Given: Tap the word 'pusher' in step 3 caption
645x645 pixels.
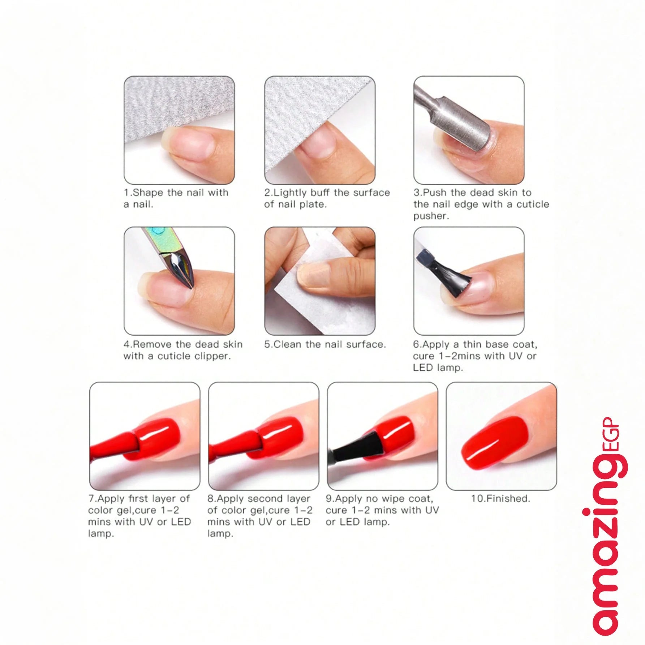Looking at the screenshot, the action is [x=430, y=216].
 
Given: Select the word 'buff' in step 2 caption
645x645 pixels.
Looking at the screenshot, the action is [x=321, y=192].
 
